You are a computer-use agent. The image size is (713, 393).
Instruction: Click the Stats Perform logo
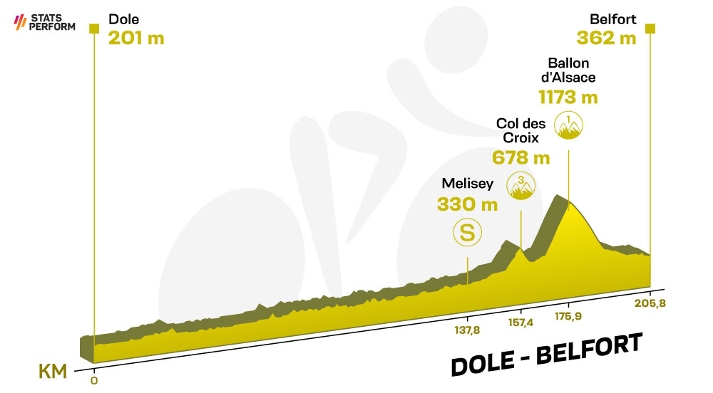(x=44, y=22)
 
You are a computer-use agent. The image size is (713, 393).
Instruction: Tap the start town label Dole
(x=123, y=19)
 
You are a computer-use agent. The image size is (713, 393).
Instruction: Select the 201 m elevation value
(x=136, y=38)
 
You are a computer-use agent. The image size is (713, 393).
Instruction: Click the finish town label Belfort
(x=613, y=19)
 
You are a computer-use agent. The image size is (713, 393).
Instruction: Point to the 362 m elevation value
(x=606, y=38)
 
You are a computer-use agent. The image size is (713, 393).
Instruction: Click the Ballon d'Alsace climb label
(x=568, y=70)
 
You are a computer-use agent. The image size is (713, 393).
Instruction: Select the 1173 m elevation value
(x=568, y=98)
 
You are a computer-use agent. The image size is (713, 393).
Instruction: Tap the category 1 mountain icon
(x=568, y=125)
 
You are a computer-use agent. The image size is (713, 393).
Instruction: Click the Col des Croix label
(x=520, y=131)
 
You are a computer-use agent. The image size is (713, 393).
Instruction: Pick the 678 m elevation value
(x=520, y=158)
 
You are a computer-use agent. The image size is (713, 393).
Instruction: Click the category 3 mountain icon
(x=521, y=186)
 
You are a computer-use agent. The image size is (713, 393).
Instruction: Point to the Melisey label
(x=468, y=184)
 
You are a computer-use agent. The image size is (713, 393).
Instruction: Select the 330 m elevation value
(x=468, y=204)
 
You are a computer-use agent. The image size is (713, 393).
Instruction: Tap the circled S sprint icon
(x=468, y=232)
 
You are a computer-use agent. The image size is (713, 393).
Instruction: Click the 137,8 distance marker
(x=468, y=330)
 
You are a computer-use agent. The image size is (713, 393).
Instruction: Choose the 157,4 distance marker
(x=520, y=323)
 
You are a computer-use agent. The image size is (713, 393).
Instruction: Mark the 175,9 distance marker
(x=568, y=316)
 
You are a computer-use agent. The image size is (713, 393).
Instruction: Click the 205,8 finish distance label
(x=650, y=303)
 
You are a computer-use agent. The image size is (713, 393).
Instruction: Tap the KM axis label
(x=53, y=372)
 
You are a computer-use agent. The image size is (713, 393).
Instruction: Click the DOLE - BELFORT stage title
(x=547, y=355)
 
